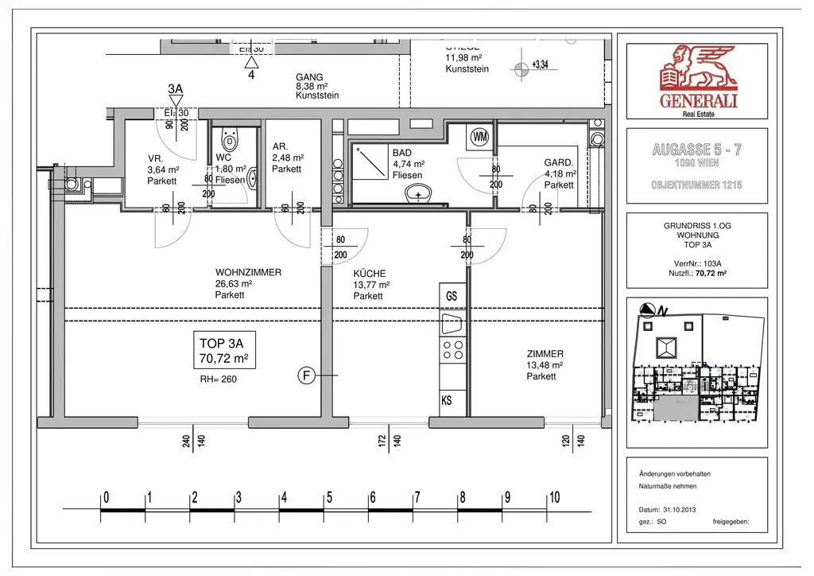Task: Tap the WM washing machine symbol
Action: [479, 136]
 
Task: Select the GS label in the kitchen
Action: [452, 296]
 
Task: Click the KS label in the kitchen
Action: [447, 401]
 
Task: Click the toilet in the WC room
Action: [231, 142]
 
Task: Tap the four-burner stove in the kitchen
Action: [452, 350]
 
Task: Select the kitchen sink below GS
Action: [452, 323]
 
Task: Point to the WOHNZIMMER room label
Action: [248, 272]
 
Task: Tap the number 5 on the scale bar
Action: [329, 498]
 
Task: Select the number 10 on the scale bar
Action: [554, 498]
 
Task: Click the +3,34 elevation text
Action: [541, 65]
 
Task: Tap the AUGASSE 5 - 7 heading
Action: [697, 149]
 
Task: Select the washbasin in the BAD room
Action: [417, 194]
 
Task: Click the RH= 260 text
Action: [219, 379]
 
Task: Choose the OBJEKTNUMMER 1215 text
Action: [697, 185]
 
